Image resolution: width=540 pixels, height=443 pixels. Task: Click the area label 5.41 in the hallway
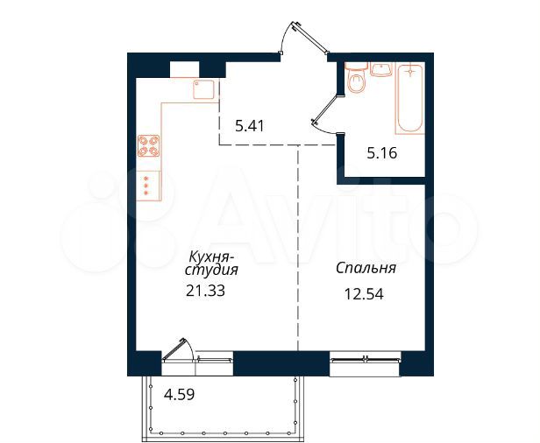(x=250, y=126)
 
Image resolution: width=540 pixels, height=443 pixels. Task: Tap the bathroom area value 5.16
(x=381, y=152)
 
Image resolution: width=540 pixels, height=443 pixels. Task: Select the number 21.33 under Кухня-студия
(x=206, y=292)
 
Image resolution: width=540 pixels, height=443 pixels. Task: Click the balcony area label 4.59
(x=180, y=393)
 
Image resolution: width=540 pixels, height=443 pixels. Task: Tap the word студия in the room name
(x=211, y=271)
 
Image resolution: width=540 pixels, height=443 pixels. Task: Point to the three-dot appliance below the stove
(x=146, y=186)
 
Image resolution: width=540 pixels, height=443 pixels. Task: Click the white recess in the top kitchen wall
(x=184, y=68)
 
